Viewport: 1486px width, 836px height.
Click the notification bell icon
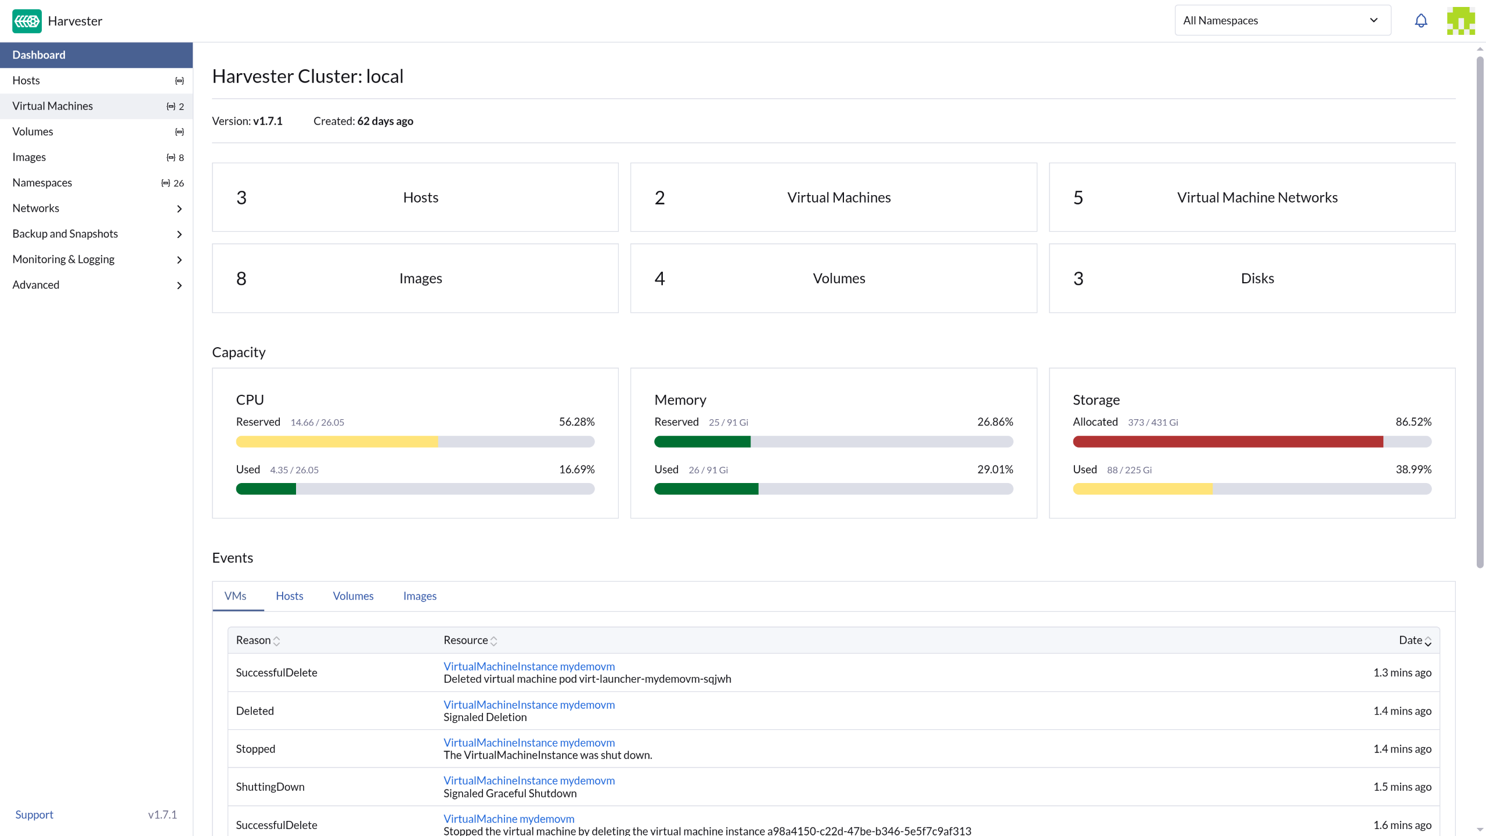click(x=1420, y=21)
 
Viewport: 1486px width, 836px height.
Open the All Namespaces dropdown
click(x=1283, y=20)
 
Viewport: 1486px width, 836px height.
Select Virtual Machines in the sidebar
click(x=52, y=106)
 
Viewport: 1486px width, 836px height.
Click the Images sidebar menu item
click(x=29, y=157)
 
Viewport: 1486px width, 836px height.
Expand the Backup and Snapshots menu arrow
click(x=179, y=234)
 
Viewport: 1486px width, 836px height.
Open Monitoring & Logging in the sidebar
click(x=63, y=260)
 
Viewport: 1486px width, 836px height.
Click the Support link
click(x=34, y=815)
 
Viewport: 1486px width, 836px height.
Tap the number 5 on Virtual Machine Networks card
click(x=1078, y=198)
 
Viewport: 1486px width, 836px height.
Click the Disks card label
click(x=1257, y=279)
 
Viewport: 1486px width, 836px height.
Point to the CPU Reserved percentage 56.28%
click(x=576, y=422)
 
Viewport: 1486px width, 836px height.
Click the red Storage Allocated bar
click(x=1228, y=442)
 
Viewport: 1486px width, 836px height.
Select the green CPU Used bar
click(x=266, y=489)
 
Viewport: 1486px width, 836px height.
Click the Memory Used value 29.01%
click(x=995, y=470)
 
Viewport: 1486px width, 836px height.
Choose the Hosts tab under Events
click(x=290, y=596)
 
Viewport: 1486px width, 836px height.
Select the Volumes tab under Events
click(x=353, y=596)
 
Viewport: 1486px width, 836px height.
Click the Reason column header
click(x=253, y=640)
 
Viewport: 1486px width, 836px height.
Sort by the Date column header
click(x=1411, y=640)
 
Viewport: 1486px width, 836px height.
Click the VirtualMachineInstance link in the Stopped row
click(x=529, y=743)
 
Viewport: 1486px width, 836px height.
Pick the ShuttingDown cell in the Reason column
click(x=270, y=787)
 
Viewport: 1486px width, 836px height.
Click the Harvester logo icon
click(x=27, y=21)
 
